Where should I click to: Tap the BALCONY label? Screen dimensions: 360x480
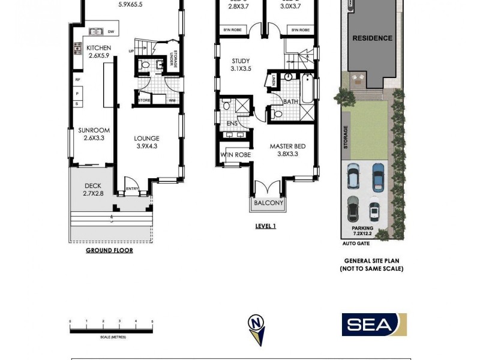tap(268, 203)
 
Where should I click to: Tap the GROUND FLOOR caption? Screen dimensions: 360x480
tap(109, 250)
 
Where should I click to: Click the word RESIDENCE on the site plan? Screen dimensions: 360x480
tap(372, 38)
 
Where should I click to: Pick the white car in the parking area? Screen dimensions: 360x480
tap(374, 211)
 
